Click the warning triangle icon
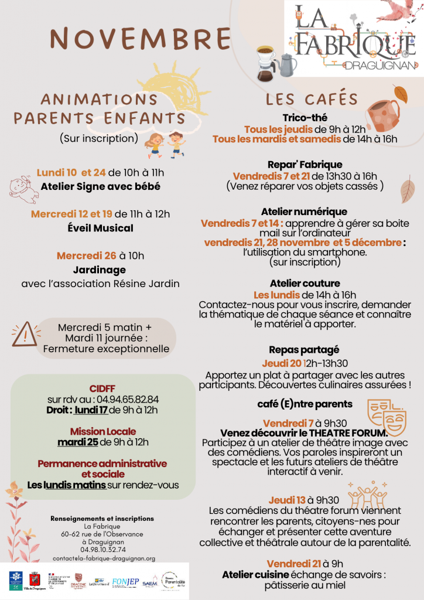click(24, 334)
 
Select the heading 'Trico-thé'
click(305, 118)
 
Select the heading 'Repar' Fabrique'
click(305, 165)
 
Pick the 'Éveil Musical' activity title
click(100, 228)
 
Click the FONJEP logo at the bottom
click(125, 582)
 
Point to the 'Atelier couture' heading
click(305, 284)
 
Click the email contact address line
click(104, 559)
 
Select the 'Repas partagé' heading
click(304, 350)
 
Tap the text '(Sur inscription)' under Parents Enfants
click(98, 139)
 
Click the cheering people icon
click(367, 496)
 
